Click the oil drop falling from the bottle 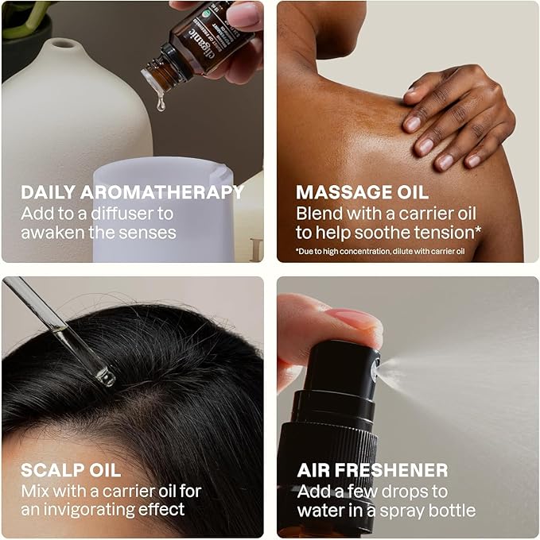pyautogui.click(x=161, y=103)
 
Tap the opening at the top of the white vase pyautogui.click(x=63, y=44)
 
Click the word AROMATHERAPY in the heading pyautogui.click(x=162, y=192)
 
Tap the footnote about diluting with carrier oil pyautogui.click(x=380, y=252)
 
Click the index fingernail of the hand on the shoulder pyautogui.click(x=412, y=124)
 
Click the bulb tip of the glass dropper pyautogui.click(x=106, y=377)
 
